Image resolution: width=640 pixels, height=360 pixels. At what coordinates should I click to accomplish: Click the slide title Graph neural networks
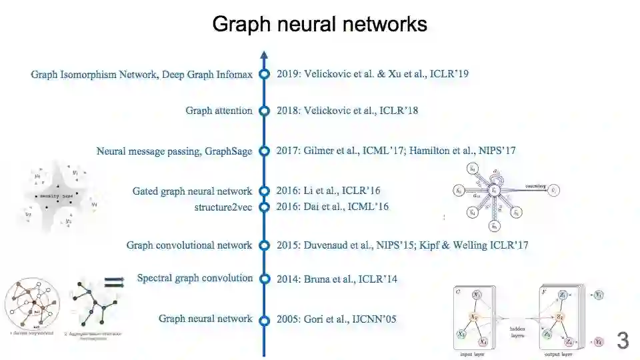click(319, 25)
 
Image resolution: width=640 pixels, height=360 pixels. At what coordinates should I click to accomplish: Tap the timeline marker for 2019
click(264, 74)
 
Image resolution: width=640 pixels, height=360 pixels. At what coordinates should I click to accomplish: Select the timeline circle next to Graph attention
click(264, 111)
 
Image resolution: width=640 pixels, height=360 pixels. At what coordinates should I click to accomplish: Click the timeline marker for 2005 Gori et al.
click(264, 320)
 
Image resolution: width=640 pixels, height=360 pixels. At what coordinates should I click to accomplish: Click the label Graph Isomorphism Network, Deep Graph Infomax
click(141, 74)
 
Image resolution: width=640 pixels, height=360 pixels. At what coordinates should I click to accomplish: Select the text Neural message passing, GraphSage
click(174, 151)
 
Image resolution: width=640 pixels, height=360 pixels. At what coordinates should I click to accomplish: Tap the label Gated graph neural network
click(192, 191)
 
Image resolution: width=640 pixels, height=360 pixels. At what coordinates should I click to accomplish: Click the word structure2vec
click(223, 207)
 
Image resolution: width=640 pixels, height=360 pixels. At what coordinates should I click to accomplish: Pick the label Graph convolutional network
click(189, 245)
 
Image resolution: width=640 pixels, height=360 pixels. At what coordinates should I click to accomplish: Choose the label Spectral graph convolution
click(195, 278)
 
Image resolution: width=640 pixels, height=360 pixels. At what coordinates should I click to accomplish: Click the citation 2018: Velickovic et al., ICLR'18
click(347, 111)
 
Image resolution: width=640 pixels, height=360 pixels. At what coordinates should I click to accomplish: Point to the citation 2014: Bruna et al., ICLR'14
click(337, 279)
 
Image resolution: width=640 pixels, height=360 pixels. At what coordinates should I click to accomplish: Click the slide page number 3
click(623, 341)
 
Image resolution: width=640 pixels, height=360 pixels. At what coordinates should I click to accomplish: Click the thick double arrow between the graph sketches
click(114, 283)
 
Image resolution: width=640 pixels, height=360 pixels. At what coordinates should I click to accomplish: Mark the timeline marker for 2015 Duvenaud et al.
click(264, 245)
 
